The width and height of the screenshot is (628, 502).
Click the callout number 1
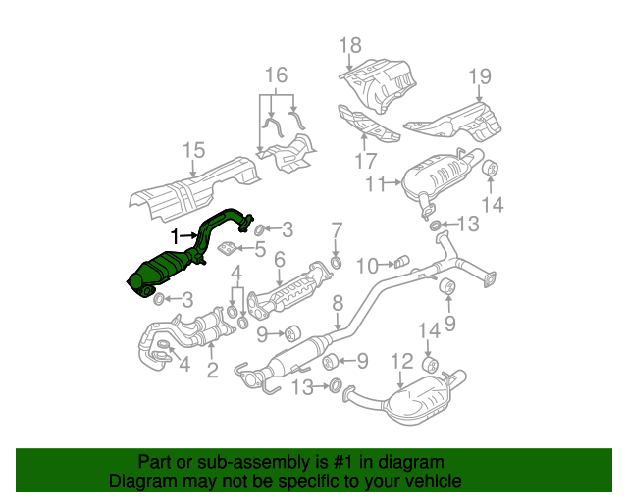click(x=176, y=236)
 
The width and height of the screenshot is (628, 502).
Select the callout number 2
click(x=212, y=370)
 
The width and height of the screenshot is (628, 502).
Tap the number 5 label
click(x=260, y=250)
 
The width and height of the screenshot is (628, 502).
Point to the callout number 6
click(x=280, y=260)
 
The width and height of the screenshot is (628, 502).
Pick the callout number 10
click(x=366, y=265)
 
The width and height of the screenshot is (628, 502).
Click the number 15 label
click(x=193, y=150)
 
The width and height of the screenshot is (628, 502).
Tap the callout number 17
click(x=366, y=161)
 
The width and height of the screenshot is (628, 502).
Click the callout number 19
click(x=478, y=76)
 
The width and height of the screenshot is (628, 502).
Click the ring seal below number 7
click(x=337, y=263)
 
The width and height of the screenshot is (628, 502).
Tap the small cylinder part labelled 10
click(x=399, y=262)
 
